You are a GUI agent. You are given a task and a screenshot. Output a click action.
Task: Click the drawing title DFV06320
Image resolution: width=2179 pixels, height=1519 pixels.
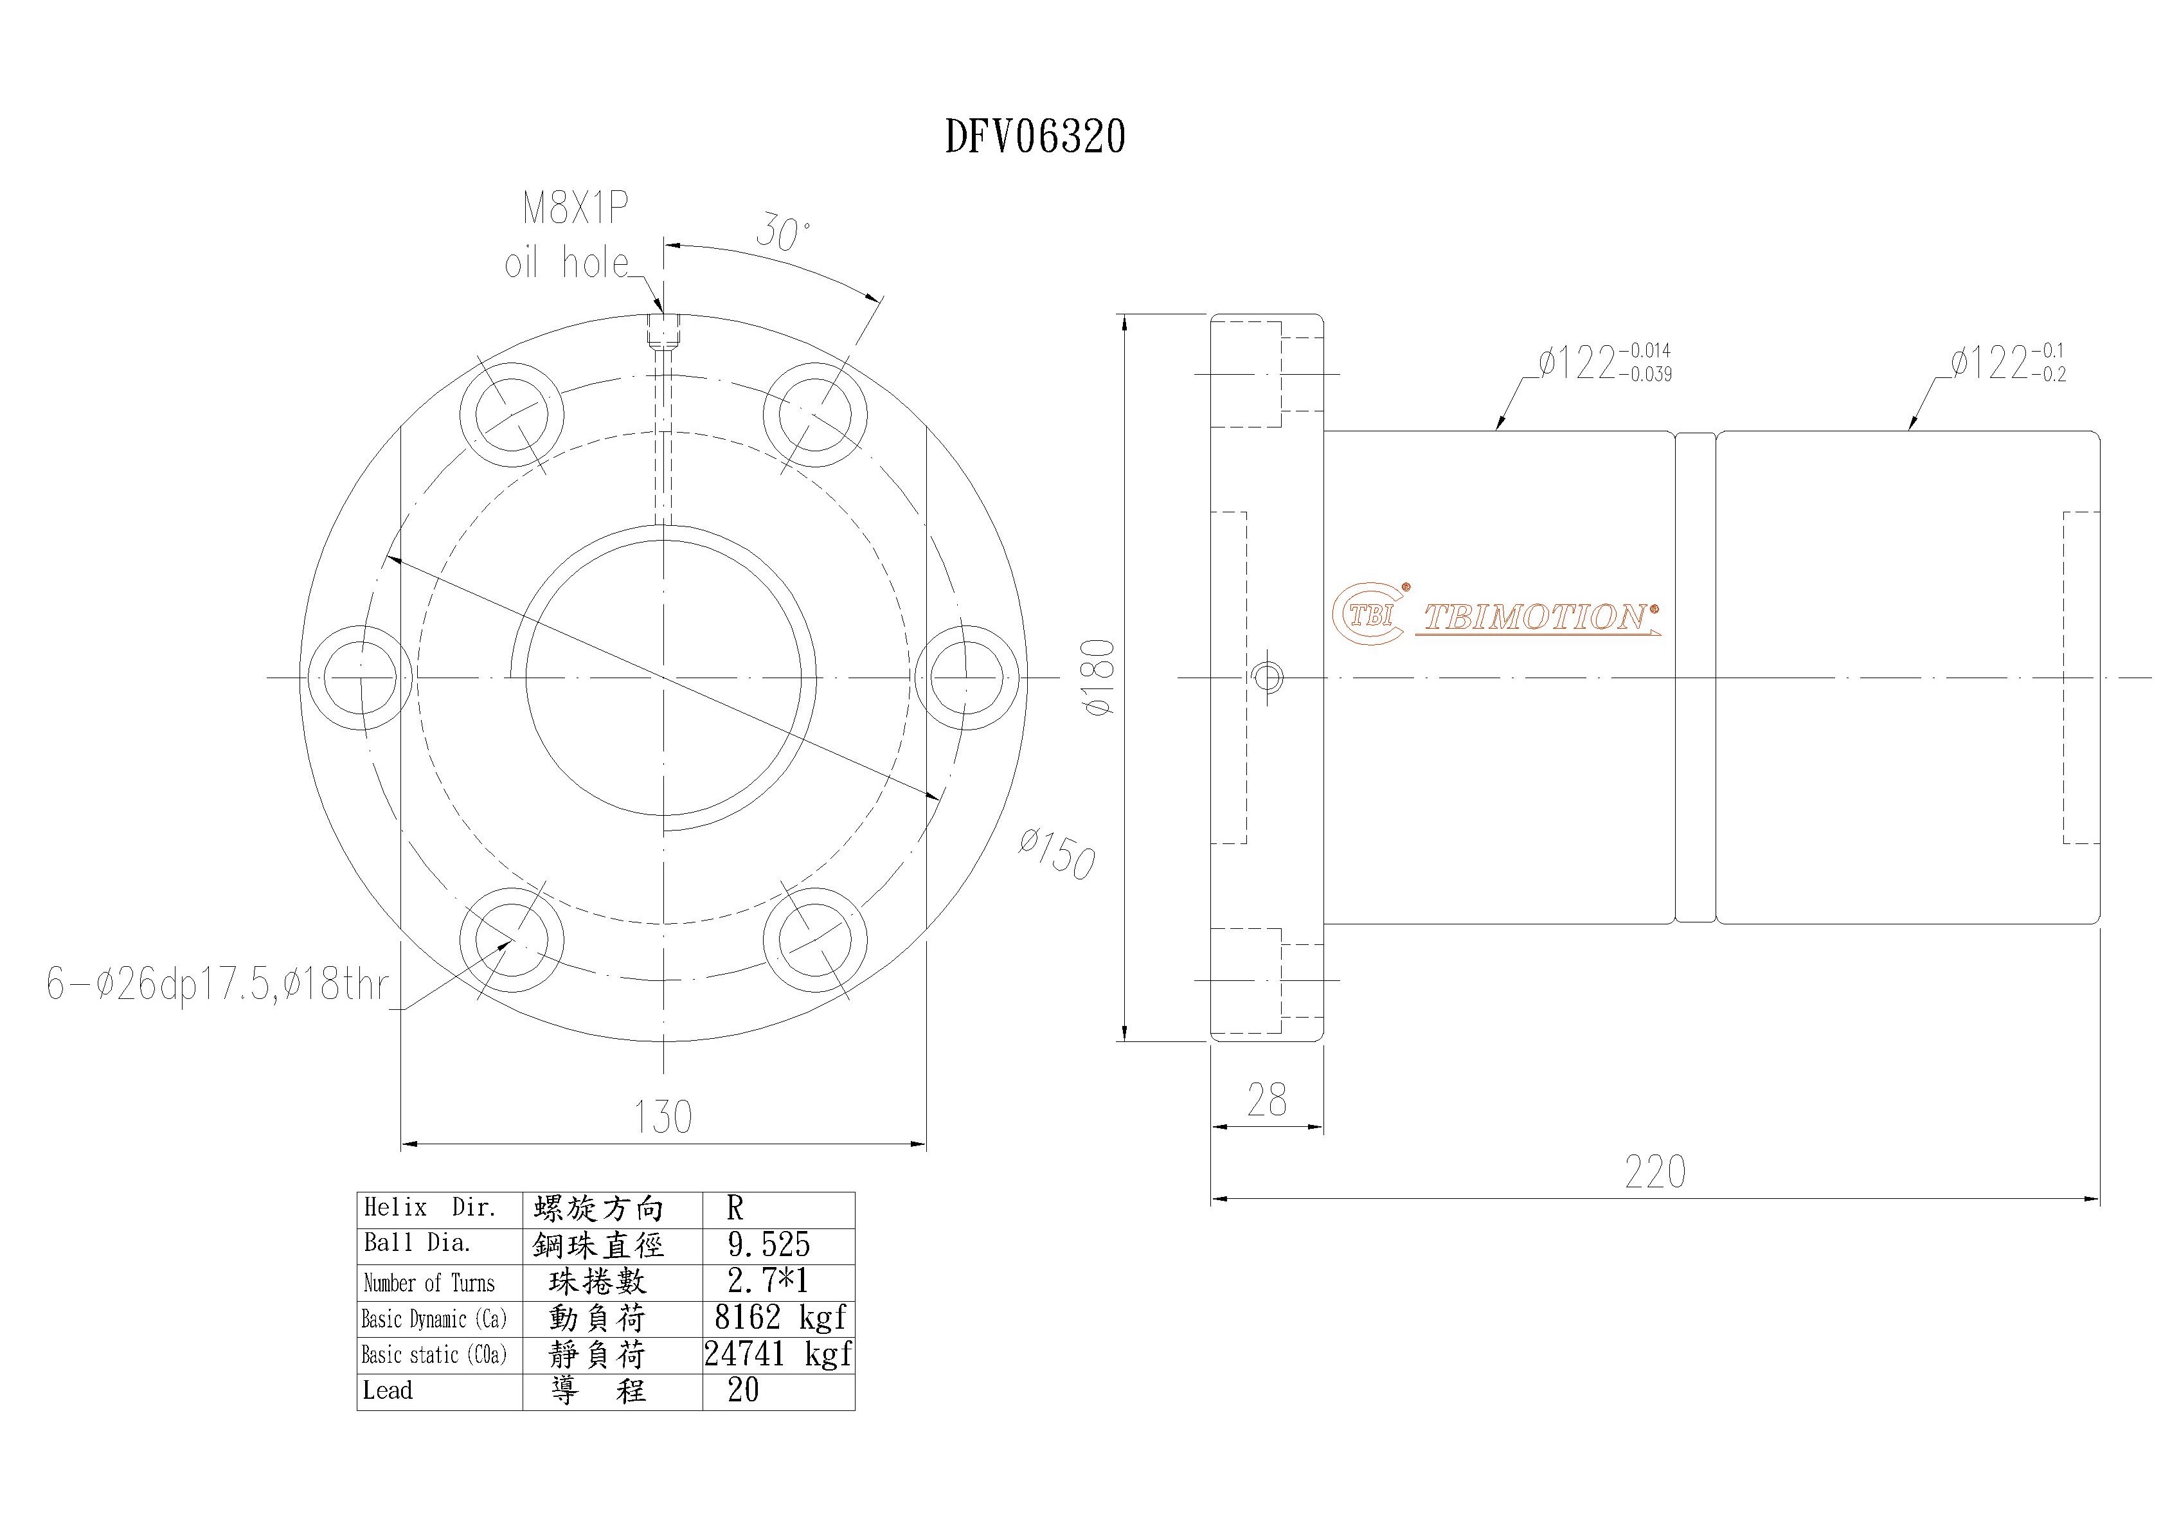tap(1036, 136)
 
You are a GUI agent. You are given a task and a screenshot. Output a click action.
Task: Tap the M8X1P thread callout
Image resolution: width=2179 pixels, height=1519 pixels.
tap(575, 208)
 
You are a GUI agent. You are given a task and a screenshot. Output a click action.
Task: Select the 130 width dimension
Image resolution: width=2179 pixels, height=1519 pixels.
tap(663, 1117)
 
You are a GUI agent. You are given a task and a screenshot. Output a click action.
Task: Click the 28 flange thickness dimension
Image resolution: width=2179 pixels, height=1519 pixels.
tap(1267, 1101)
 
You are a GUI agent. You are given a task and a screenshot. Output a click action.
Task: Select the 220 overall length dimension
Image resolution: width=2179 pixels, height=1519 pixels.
tap(1655, 1173)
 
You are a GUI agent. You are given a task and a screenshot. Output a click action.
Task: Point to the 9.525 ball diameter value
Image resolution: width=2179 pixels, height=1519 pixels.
tap(769, 1245)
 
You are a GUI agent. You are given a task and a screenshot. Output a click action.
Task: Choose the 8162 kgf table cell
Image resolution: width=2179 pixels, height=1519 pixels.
tap(779, 1318)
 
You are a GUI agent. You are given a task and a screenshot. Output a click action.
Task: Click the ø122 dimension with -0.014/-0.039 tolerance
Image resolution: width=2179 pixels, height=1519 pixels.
tap(1606, 363)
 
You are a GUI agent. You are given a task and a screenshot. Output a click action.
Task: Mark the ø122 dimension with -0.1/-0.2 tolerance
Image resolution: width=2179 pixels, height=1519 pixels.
tap(2008, 363)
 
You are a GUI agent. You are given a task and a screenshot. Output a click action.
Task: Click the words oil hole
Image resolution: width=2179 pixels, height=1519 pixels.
tap(566, 263)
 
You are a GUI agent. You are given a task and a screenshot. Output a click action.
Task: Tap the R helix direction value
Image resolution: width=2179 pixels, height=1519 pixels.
tap(735, 1208)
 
